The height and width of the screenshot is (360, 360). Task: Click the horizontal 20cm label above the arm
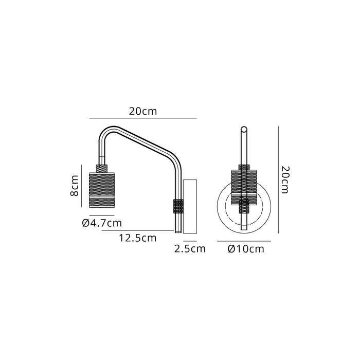point(143,111)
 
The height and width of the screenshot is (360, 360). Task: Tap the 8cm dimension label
point(75,186)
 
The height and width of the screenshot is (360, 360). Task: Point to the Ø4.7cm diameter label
point(102,223)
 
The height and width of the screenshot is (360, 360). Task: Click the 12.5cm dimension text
point(137,238)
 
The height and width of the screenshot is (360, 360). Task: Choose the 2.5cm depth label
point(190,249)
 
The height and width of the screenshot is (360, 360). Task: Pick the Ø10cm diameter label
point(245,249)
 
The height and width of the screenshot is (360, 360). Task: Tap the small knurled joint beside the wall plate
point(178,206)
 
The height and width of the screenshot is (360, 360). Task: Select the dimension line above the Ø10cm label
point(244,241)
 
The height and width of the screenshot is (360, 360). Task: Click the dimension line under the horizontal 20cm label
point(143,118)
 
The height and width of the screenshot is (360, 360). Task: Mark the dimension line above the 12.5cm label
point(139,231)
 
